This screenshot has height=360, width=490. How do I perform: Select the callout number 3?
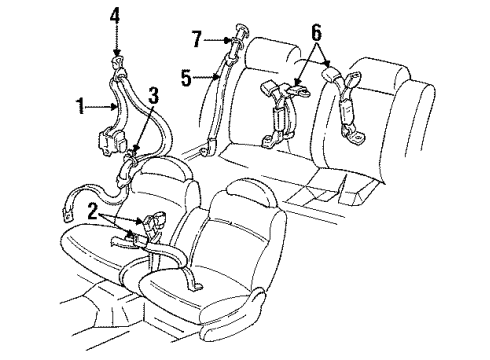tap(153, 94)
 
